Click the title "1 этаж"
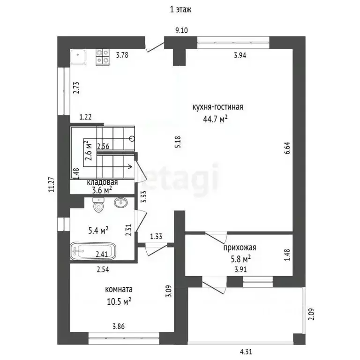[180, 10]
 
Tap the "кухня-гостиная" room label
[217, 107]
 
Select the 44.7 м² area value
[215, 119]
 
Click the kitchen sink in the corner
[78, 57]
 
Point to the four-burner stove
[102, 57]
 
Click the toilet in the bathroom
[98, 205]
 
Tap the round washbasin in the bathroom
[120, 202]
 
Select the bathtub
[93, 251]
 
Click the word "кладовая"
[102, 182]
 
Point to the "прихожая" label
[240, 247]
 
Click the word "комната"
[119, 289]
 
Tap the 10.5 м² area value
[119, 301]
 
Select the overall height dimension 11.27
[52, 184]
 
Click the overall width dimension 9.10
[181, 30]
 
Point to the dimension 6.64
[288, 148]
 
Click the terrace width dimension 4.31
[246, 352]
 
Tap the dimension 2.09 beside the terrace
[311, 314]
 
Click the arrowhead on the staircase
[131, 166]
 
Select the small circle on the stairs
[132, 138]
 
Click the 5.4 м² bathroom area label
[98, 230]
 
